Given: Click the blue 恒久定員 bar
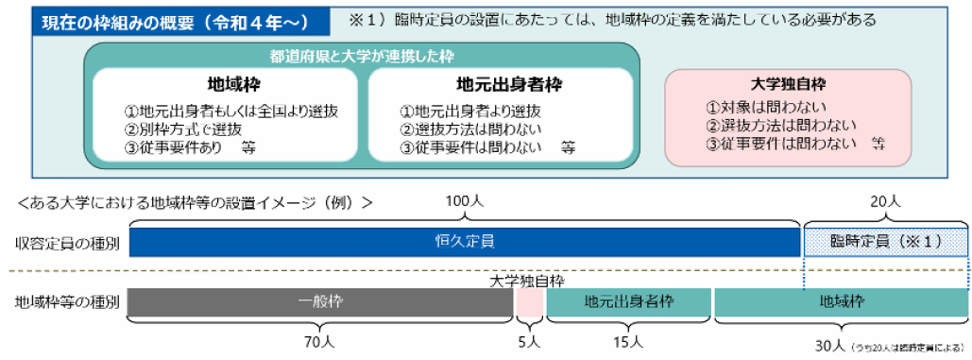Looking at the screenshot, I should (x=463, y=242).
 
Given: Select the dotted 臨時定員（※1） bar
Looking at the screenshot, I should (x=885, y=242).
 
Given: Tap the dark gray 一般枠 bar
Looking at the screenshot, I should (x=319, y=302).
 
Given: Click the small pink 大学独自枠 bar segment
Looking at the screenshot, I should (x=530, y=302).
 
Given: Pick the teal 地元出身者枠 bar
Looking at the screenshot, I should (x=628, y=302).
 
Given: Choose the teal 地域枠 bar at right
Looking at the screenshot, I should (x=842, y=302).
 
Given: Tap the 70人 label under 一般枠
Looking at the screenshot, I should (x=319, y=341).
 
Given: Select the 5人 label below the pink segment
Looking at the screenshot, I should (x=530, y=341).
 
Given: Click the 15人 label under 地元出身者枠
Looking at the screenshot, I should (x=627, y=341).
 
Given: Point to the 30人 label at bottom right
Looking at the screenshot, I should (x=831, y=345).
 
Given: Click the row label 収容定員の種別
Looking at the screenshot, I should (x=67, y=243).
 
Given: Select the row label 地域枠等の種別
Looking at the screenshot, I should (x=67, y=303).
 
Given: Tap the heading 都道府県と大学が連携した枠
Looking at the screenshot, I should (x=362, y=57).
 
